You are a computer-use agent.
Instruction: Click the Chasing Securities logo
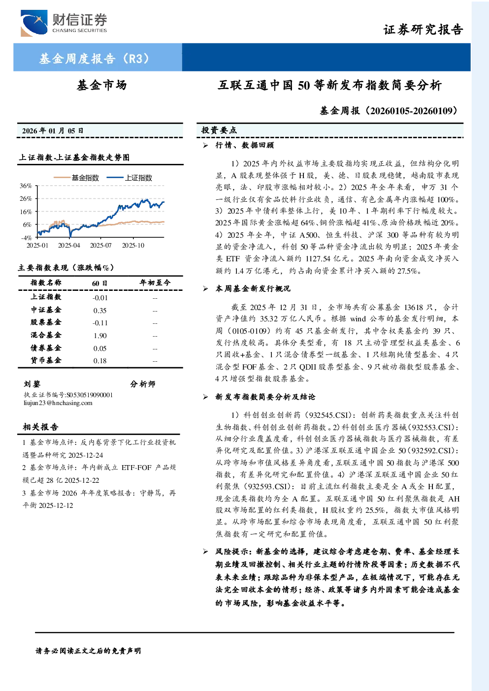(64, 23)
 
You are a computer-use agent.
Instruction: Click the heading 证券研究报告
(423, 30)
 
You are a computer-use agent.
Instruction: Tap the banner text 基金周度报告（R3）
(94, 58)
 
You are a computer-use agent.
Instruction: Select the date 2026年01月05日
(53, 131)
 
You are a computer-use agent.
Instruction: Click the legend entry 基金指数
(76, 178)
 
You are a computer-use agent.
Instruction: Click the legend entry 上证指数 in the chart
(130, 178)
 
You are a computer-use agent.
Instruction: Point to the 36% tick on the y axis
(26, 186)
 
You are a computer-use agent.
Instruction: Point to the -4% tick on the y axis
(27, 238)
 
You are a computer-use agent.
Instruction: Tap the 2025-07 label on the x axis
(100, 245)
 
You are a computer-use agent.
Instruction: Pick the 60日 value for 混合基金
(100, 336)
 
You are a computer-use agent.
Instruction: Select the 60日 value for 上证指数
(100, 298)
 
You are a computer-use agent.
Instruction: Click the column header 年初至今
(155, 283)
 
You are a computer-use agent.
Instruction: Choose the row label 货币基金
(46, 360)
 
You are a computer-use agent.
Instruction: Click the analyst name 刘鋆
(32, 384)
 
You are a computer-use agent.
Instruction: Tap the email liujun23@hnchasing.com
(58, 403)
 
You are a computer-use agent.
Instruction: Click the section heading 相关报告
(40, 427)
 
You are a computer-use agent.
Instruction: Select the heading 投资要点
(219, 130)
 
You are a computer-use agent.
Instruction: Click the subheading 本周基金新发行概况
(253, 289)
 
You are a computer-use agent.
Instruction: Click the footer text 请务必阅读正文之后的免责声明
(88, 651)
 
